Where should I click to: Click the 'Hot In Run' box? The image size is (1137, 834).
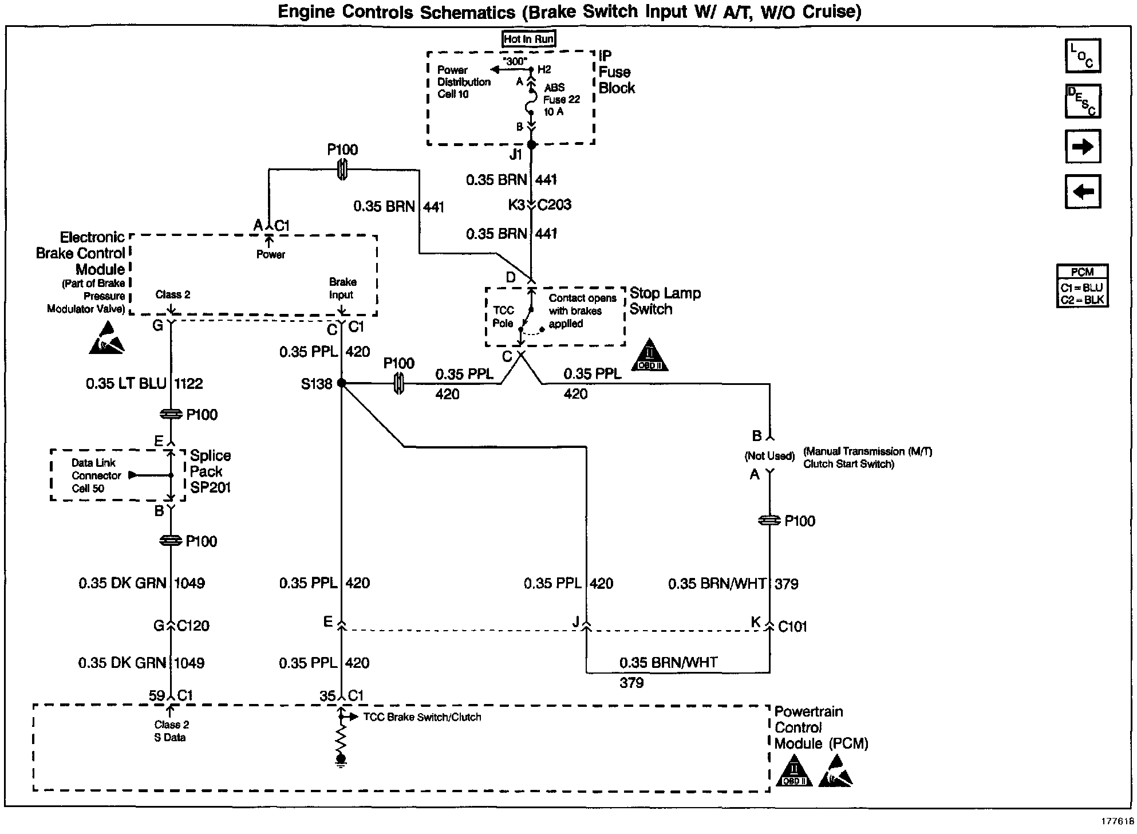[528, 39]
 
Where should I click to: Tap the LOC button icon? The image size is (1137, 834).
[1082, 56]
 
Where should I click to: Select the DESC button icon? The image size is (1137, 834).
[1082, 101]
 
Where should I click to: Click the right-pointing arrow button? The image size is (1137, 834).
[1082, 147]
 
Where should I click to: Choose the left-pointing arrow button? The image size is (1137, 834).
[1082, 191]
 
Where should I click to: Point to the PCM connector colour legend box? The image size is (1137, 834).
[1082, 286]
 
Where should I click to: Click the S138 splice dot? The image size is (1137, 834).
[341, 383]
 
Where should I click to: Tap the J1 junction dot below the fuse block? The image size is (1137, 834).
[531, 145]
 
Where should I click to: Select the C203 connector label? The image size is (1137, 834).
[554, 205]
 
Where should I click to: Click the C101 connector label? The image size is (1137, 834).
[792, 627]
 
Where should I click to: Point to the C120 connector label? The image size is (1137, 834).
[193, 625]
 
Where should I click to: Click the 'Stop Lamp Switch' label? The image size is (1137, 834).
[665, 301]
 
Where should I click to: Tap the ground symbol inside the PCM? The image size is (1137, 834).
[341, 760]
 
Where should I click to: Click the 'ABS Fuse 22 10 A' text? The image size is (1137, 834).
[561, 100]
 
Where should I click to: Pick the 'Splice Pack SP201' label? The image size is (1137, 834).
[210, 471]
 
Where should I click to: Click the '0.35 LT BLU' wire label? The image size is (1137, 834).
[126, 384]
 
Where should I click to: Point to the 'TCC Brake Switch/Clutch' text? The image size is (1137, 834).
[422, 717]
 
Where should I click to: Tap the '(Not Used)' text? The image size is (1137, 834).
[769, 456]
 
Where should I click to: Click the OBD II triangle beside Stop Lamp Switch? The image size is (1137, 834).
[650, 355]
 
